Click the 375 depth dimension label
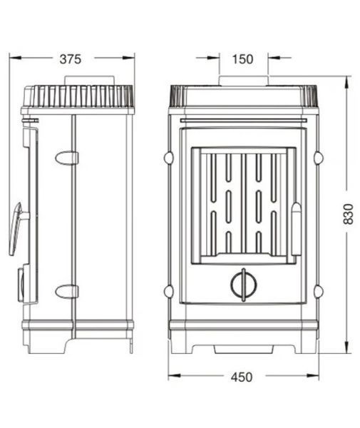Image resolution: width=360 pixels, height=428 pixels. point(71,59)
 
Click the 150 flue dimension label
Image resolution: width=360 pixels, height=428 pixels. point(242,59)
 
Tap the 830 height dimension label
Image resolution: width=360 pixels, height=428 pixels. point(348,214)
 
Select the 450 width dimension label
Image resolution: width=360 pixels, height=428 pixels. point(242,377)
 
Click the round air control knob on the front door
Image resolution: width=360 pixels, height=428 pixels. point(244,285)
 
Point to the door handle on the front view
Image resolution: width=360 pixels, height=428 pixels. point(296,229)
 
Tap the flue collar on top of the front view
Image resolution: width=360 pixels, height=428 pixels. point(244,81)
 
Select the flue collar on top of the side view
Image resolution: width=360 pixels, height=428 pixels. point(89,81)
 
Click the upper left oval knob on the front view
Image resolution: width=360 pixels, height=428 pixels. point(168,158)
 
